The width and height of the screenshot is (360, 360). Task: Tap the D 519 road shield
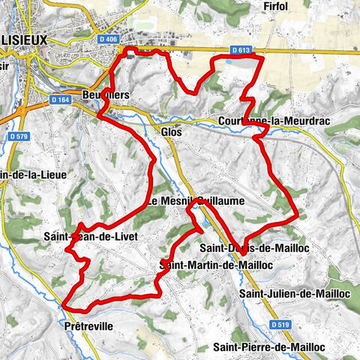click(280, 324)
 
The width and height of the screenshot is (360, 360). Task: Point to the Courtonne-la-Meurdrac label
click(266, 121)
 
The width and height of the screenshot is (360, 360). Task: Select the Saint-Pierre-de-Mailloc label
click(268, 347)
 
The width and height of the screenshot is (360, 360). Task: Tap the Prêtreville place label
click(89, 326)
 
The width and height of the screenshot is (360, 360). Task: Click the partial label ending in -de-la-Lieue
click(23, 175)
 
